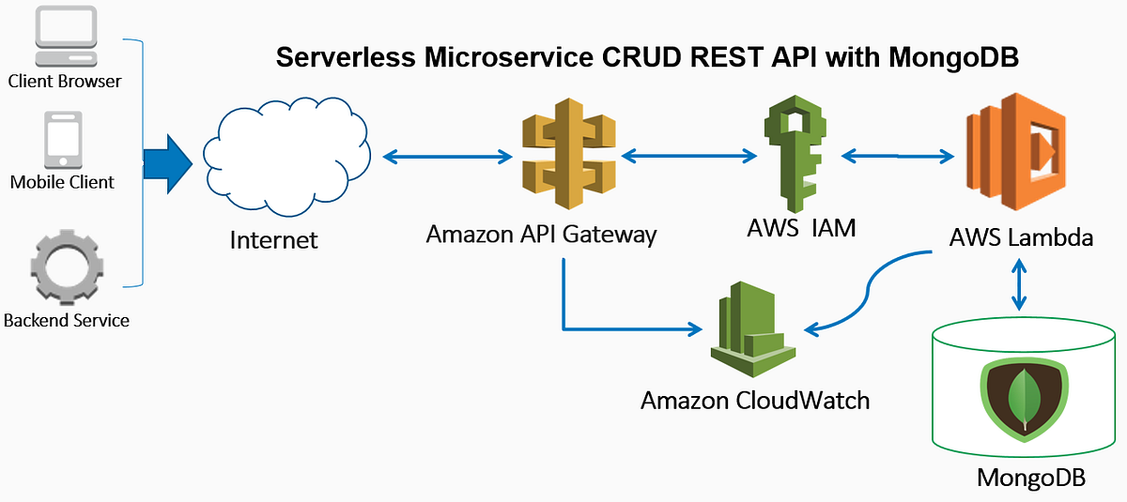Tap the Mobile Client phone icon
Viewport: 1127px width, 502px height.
62,141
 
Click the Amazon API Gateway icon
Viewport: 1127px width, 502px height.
569,158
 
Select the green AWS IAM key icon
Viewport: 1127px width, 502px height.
796,156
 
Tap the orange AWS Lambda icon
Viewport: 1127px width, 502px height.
1019,154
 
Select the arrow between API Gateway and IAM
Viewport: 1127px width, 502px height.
688,156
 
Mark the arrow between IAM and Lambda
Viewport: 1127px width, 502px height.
896,156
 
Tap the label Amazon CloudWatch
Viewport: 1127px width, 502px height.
755,401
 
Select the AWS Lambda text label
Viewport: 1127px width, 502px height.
1021,237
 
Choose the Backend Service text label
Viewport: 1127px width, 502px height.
67,321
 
